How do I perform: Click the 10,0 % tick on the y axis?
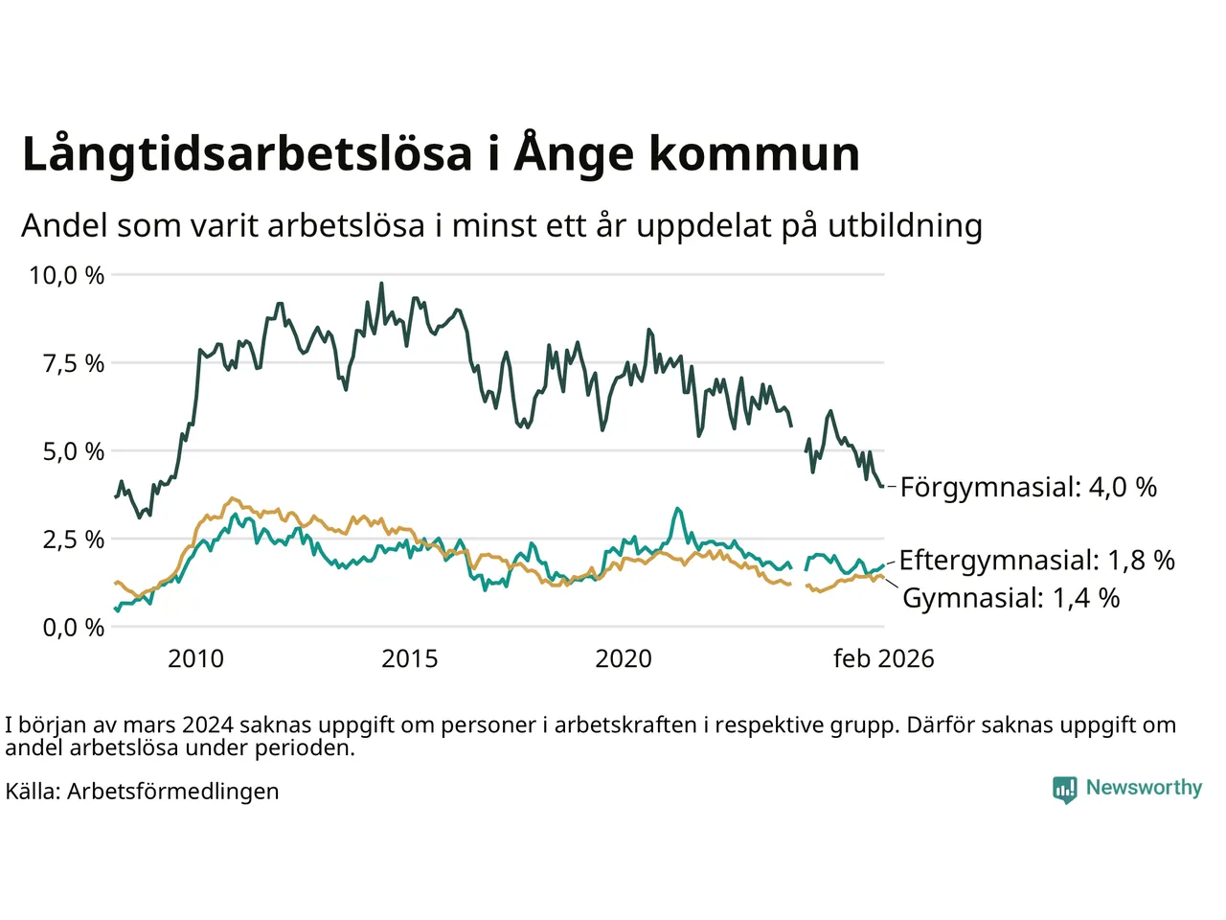pyautogui.click(x=66, y=276)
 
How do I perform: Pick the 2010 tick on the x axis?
pyautogui.click(x=195, y=659)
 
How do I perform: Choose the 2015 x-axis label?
pyautogui.click(x=410, y=659)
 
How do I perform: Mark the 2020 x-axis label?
pyautogui.click(x=624, y=659)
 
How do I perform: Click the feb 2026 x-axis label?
pyautogui.click(x=883, y=659)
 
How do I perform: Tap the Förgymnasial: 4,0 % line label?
pyautogui.click(x=1028, y=488)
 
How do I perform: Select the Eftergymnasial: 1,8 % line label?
pyautogui.click(x=1036, y=561)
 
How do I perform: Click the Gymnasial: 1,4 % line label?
pyautogui.click(x=1010, y=599)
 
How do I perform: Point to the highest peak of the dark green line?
pyautogui.click(x=381, y=284)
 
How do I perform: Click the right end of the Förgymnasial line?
pyautogui.click(x=882, y=487)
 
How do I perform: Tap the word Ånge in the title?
pyautogui.click(x=573, y=154)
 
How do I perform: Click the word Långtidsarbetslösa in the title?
pyautogui.click(x=247, y=154)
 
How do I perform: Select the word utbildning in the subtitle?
pyautogui.click(x=904, y=226)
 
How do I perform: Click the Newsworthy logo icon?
pyautogui.click(x=1064, y=789)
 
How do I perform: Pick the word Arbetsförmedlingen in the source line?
pyautogui.click(x=172, y=792)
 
